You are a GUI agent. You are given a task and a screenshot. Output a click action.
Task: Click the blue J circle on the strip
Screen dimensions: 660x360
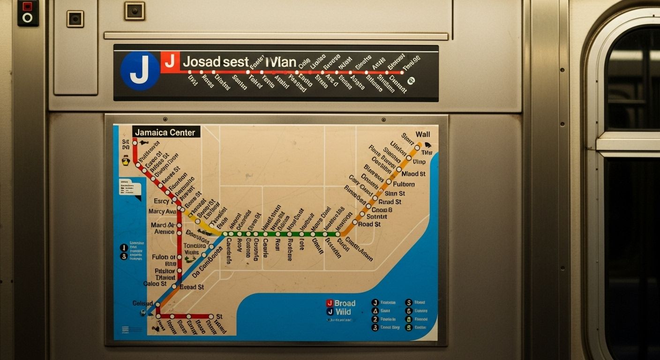[140, 71]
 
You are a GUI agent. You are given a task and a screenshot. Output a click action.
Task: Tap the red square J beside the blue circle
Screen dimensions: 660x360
[170, 61]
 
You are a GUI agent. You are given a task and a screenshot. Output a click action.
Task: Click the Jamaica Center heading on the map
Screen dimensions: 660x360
[166, 132]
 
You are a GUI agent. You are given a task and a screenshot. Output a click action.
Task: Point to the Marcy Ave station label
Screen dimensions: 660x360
[162, 211]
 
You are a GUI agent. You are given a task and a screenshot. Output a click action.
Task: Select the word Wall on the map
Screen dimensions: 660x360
[422, 134]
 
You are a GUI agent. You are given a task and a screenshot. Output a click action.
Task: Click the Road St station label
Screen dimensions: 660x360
[369, 224]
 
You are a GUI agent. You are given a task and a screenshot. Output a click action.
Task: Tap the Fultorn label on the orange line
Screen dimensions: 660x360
[403, 184]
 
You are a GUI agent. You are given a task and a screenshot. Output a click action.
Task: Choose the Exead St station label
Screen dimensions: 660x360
[191, 287]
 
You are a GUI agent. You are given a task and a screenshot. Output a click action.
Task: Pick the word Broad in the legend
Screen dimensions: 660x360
[345, 303]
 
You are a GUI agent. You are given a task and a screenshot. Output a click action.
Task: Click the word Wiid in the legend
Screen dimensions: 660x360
[343, 312]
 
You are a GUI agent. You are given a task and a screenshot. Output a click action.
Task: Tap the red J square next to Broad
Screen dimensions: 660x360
[330, 303]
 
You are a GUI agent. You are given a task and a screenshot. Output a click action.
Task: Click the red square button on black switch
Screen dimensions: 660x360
[27, 7]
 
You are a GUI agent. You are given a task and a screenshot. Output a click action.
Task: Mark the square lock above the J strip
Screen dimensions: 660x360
[134, 11]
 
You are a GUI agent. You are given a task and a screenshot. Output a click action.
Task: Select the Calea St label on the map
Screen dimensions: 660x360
[155, 284]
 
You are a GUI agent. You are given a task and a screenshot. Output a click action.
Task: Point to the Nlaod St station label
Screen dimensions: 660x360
[413, 174]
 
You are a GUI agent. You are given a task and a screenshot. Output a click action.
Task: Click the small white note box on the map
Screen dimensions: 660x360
[130, 188]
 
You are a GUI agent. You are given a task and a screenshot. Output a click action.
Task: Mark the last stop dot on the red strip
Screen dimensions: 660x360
[402, 73]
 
